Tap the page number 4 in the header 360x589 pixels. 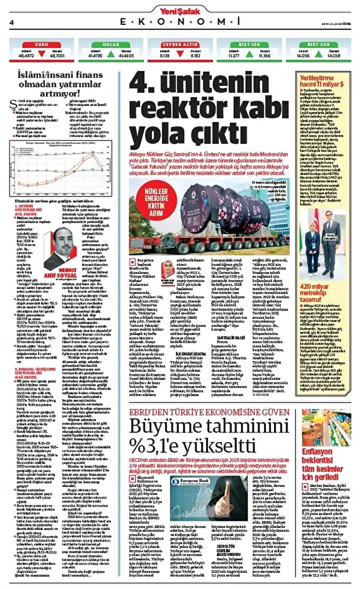[x=10, y=22]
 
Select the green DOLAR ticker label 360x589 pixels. [x=110, y=45]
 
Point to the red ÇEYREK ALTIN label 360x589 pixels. [x=179, y=45]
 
